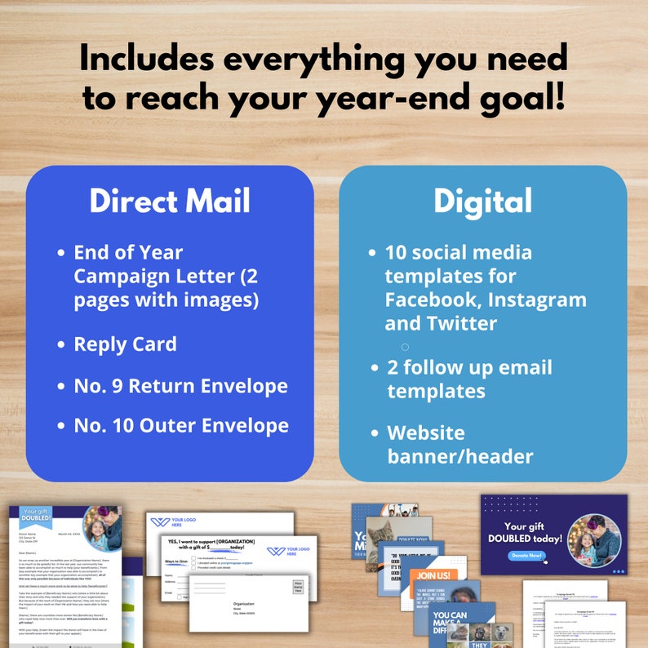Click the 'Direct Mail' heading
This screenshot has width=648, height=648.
click(x=170, y=202)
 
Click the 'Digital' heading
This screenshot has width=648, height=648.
click(x=482, y=202)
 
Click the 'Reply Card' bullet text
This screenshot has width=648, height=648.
click(x=125, y=344)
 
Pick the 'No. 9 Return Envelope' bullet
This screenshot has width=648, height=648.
click(x=180, y=385)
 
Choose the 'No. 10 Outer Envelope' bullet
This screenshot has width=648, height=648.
click(x=181, y=425)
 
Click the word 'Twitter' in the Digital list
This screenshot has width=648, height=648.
click(x=452, y=323)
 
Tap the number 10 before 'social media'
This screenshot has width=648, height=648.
click(x=397, y=253)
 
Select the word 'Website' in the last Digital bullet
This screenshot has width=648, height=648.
click(x=425, y=433)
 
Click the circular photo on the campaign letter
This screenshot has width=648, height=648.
click(x=103, y=529)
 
